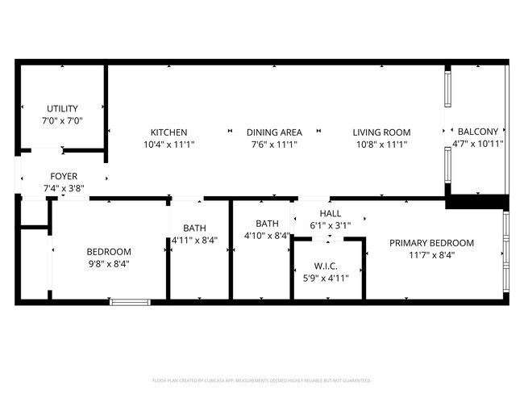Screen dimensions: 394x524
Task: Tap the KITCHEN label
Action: tap(169, 132)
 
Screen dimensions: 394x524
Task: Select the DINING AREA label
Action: tap(274, 132)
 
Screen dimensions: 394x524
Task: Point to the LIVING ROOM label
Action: tap(381, 132)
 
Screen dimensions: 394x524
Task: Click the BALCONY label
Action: tap(479, 132)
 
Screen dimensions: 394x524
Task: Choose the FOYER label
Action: tap(64, 176)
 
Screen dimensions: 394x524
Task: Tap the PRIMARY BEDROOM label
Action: tap(431, 243)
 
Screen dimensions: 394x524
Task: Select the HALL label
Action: tap(331, 213)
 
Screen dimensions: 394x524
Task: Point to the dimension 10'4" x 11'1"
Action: tap(169, 145)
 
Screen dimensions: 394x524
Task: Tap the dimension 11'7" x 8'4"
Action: tap(431, 255)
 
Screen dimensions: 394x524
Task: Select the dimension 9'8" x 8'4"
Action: tap(109, 263)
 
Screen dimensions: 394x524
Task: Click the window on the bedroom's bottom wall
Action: tap(130, 302)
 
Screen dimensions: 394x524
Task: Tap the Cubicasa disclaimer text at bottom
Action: tap(262, 379)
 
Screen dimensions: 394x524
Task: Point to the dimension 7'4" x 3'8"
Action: tap(64, 188)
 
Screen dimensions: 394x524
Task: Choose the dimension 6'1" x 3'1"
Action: tap(331, 225)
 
